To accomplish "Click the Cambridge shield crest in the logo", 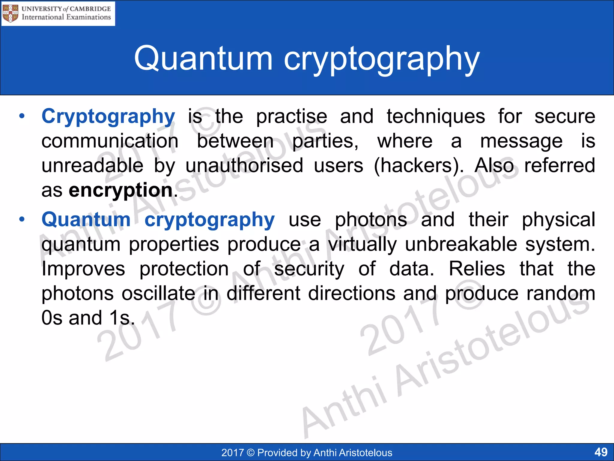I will [10, 14].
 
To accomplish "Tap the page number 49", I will [601, 452].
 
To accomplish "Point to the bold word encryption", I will [121, 190].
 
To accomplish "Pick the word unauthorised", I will [244, 166].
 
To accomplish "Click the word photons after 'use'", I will [371, 220].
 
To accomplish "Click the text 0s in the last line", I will [52, 318].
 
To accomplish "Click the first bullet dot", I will [22, 116].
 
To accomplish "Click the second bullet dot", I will [22, 219].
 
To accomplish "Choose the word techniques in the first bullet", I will [436, 116].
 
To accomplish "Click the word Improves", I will [83, 269].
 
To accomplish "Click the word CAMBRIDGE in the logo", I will [90, 9].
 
